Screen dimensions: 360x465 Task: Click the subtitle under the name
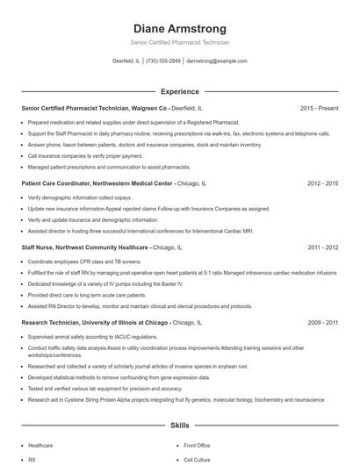[x=179, y=42]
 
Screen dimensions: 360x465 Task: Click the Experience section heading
[x=179, y=91]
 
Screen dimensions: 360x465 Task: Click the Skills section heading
[x=179, y=426]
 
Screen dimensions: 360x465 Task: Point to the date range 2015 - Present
[x=319, y=108]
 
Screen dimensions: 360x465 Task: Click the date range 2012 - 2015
[x=322, y=184]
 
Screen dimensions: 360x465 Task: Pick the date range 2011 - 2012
[x=322, y=248]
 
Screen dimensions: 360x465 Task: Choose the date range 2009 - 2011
[x=322, y=323]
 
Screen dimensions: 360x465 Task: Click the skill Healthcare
[x=40, y=446]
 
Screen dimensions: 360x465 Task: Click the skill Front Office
[x=197, y=446]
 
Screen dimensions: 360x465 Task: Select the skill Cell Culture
[x=196, y=459]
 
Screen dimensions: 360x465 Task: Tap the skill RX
[x=32, y=459]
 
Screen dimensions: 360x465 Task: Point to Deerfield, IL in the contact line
[x=126, y=61]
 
